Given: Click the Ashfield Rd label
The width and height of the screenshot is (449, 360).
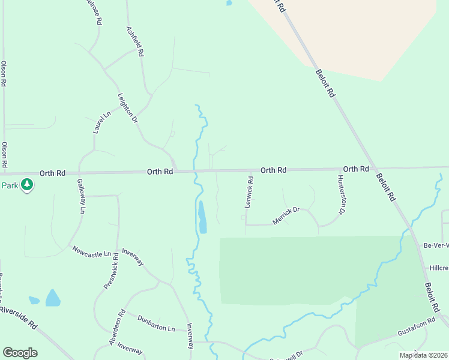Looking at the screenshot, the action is click(134, 41).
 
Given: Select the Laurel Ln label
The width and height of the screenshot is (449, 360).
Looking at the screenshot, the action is click(99, 122).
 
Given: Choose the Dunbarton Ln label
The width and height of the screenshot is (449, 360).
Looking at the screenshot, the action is click(155, 323).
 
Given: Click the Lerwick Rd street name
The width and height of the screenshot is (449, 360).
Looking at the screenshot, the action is click(249, 191).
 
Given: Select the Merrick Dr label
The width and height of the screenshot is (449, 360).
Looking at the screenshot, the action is click(286, 215).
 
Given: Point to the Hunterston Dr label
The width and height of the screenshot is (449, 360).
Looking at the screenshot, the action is click(342, 195).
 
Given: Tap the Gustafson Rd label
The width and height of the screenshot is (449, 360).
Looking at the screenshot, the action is click(415, 328).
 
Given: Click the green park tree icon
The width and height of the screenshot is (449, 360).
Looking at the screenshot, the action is click(26, 185).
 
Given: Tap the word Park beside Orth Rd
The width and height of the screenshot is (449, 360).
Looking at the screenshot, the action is click(9, 185).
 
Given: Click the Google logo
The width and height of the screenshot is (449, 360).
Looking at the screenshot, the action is click(20, 353).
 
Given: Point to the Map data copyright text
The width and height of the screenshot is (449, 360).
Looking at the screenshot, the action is click(423, 355).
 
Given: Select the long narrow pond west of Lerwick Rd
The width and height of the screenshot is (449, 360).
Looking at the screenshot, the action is click(202, 217).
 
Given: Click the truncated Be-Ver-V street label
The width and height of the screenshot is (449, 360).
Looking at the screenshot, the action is click(436, 245).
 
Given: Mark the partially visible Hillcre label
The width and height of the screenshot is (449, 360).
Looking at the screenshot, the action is click(439, 268).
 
